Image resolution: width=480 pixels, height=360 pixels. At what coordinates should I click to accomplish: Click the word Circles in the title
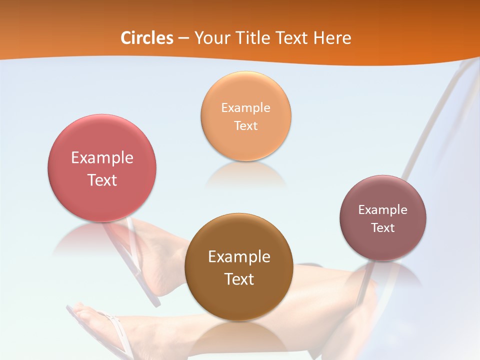146,38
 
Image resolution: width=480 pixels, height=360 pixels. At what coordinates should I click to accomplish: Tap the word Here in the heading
332,38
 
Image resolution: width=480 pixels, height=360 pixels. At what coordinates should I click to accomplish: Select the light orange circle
246,145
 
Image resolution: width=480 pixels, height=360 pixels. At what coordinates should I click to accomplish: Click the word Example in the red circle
102,158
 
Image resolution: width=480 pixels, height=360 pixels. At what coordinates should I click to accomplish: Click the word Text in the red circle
102,180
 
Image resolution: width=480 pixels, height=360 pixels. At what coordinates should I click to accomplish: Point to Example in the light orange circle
246,107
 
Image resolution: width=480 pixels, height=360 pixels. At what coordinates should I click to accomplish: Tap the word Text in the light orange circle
246,126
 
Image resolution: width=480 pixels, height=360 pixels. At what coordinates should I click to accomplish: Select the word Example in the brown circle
239,257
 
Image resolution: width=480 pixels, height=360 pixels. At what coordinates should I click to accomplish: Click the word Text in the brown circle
239,279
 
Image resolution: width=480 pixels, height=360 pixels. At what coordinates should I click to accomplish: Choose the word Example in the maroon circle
383,209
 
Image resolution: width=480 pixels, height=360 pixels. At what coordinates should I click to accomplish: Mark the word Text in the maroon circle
383,228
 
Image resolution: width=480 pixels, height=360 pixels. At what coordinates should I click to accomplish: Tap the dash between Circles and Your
183,38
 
